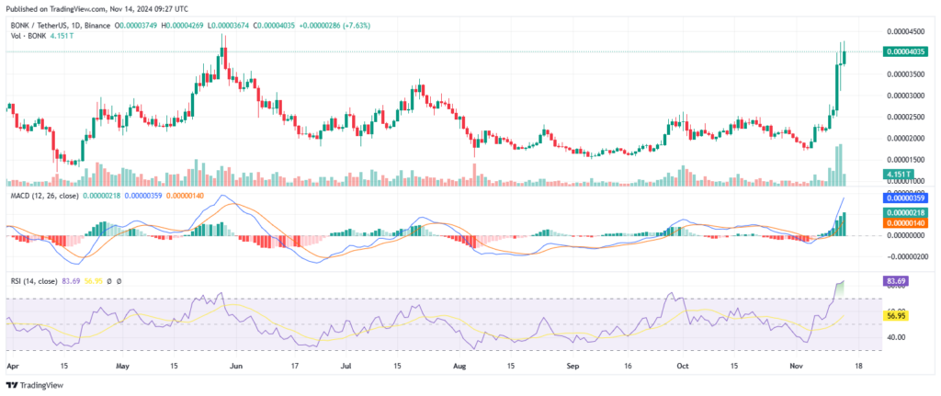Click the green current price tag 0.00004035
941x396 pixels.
click(903, 52)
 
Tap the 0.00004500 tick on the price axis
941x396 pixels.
click(903, 31)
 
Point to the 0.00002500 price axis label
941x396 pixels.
click(903, 117)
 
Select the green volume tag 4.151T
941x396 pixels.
click(898, 174)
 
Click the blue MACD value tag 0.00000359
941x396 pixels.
click(903, 198)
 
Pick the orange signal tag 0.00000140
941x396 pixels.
click(903, 223)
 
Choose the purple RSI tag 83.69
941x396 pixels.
click(896, 280)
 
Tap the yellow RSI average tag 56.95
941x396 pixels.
click(896, 315)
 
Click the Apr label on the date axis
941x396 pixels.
click(13, 365)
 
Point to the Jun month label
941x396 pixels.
click(236, 365)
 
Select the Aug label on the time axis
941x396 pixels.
click(460, 365)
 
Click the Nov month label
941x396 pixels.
click(795, 365)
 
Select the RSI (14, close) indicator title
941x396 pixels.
click(36, 280)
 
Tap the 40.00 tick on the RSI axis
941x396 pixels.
click(896, 336)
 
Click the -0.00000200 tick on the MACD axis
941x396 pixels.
click(903, 257)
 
